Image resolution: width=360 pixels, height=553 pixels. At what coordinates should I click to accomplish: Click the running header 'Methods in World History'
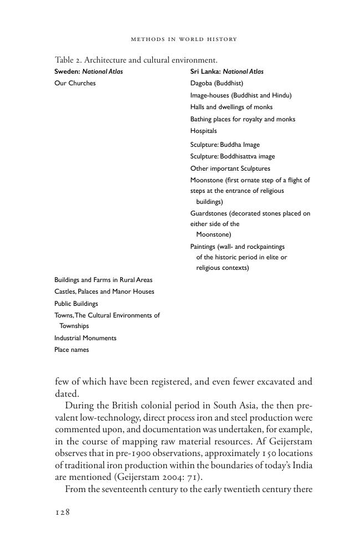183,39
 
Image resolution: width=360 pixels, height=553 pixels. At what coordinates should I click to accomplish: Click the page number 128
63,513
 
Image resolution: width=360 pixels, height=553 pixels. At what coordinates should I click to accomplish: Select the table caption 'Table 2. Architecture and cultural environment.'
136,60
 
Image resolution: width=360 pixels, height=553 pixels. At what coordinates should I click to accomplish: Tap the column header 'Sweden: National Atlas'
89,71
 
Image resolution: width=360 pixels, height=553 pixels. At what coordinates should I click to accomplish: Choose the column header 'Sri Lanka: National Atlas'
227,71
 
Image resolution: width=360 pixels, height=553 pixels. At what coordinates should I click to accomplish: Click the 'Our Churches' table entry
75,83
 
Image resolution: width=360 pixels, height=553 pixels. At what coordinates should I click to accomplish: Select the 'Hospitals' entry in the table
203,131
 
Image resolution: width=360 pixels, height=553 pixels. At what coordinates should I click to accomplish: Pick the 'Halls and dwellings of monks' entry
231,107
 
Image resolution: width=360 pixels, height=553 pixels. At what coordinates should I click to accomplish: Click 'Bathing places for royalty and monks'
243,119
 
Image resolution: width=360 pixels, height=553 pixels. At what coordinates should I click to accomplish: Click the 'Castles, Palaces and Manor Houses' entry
104,291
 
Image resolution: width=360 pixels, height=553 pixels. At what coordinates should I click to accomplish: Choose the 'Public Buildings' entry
76,304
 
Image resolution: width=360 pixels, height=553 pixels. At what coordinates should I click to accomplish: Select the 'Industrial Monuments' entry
85,338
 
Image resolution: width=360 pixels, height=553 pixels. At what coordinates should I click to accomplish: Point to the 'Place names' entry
71,350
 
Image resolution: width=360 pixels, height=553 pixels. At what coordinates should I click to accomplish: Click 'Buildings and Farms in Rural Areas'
103,280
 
